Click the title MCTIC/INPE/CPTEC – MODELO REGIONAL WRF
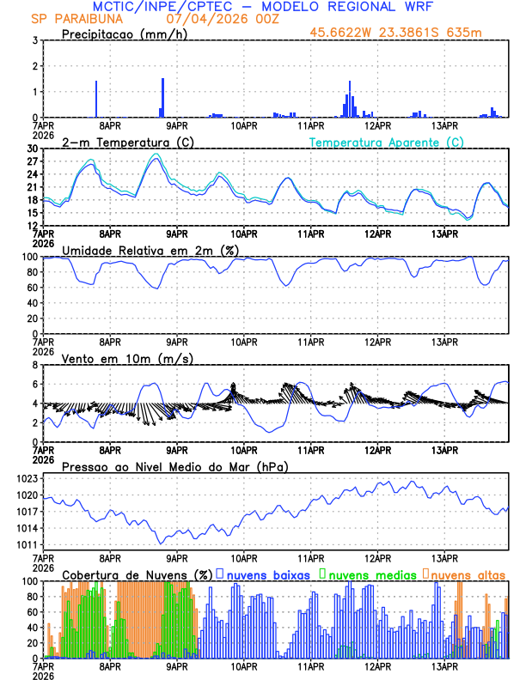(x=262, y=7)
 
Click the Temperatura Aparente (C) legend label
(x=387, y=142)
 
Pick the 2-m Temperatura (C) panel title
(x=119, y=142)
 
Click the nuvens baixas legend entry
(x=262, y=574)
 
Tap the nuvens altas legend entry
(x=464, y=574)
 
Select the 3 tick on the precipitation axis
(x=35, y=40)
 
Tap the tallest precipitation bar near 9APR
(x=162, y=96)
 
